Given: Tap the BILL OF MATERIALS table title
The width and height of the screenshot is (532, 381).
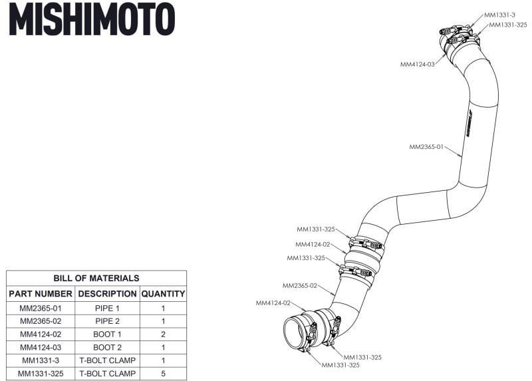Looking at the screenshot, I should pyautogui.click(x=96, y=278).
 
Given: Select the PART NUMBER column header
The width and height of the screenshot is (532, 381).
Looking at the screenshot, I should pyautogui.click(x=41, y=293).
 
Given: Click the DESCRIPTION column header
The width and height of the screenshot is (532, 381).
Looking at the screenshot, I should pyautogui.click(x=107, y=293).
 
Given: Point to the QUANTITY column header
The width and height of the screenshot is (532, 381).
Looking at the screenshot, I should pyautogui.click(x=163, y=293).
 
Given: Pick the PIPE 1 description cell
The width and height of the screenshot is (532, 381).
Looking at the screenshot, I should pyautogui.click(x=107, y=309).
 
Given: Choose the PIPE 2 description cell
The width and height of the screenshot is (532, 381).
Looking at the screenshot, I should pyautogui.click(x=107, y=321).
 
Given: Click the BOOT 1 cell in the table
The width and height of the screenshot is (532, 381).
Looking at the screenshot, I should pyautogui.click(x=107, y=334).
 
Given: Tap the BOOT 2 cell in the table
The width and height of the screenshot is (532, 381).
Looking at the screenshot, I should pyautogui.click(x=107, y=347).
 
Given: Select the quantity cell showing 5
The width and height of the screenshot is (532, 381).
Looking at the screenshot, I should pyautogui.click(x=163, y=373).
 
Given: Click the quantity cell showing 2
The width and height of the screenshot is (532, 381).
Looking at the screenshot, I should pyautogui.click(x=163, y=334).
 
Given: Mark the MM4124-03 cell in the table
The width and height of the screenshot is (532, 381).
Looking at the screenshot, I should pyautogui.click(x=41, y=347).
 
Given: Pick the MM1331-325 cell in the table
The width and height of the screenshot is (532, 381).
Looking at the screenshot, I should pyautogui.click(x=41, y=373).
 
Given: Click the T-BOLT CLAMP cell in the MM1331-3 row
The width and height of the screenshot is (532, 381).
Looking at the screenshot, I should pyautogui.click(x=107, y=360).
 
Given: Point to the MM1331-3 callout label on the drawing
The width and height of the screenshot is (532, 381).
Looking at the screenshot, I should pyautogui.click(x=499, y=14).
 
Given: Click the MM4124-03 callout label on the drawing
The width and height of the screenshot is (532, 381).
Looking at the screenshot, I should pyautogui.click(x=418, y=64).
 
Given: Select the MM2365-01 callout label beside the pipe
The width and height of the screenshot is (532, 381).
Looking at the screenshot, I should pyautogui.click(x=426, y=146).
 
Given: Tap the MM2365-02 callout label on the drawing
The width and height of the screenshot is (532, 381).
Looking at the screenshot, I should pyautogui.click(x=300, y=286).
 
